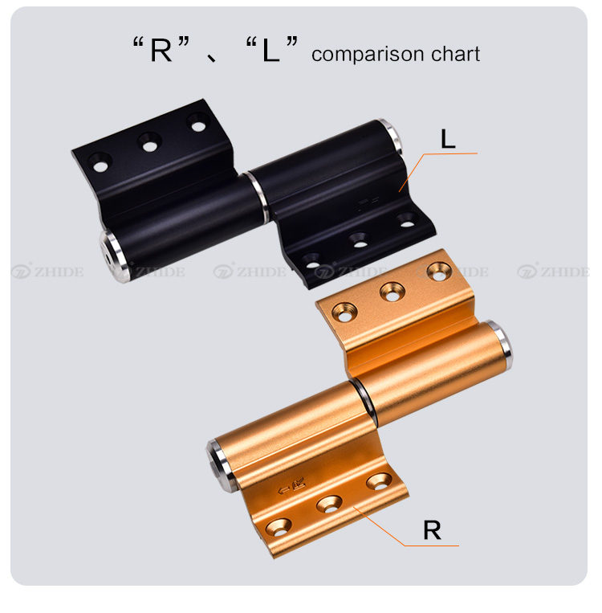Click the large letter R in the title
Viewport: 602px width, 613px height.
(x=161, y=50)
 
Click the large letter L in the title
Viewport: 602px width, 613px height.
(x=270, y=50)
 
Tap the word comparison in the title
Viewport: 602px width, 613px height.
(x=368, y=55)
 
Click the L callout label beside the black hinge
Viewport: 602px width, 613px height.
(x=448, y=139)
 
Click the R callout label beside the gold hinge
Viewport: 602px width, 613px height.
(x=432, y=530)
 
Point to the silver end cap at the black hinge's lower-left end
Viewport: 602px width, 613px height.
(x=112, y=256)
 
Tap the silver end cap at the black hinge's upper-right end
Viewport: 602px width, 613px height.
(x=391, y=136)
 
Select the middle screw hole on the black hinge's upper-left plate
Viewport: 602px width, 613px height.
(x=149, y=143)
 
